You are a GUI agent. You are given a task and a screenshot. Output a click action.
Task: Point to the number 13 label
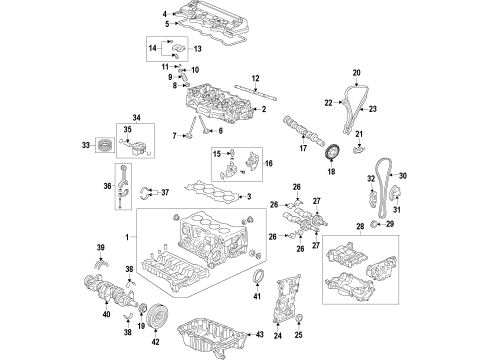[x=197, y=47]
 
